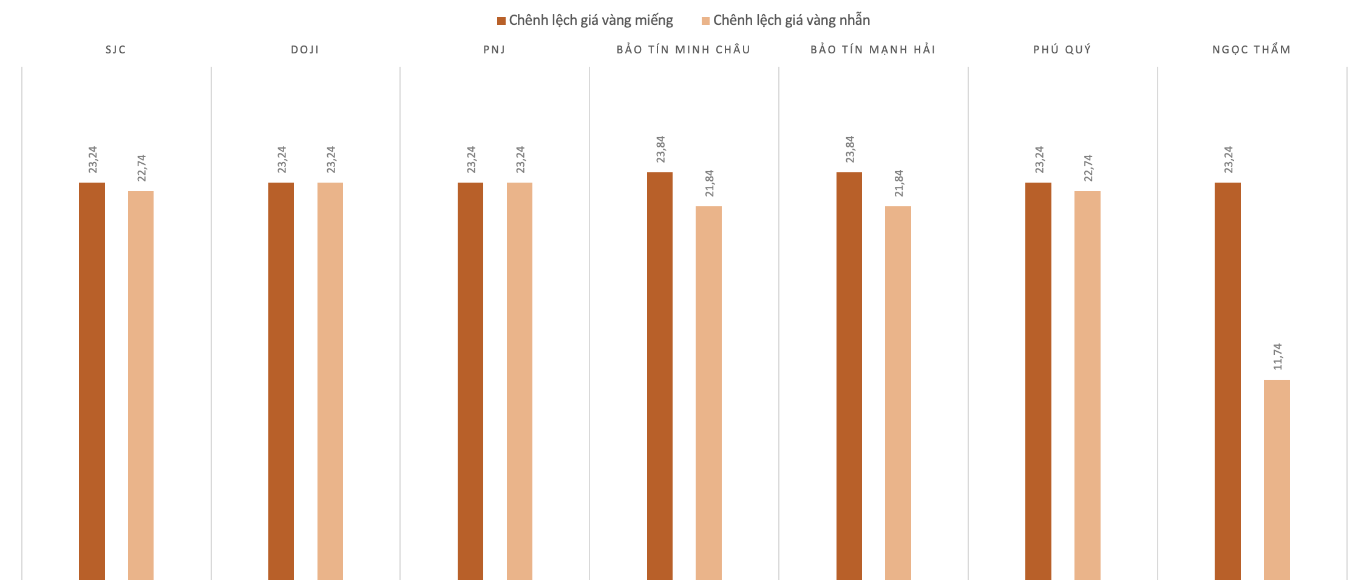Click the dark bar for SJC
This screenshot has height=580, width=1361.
[x=92, y=381]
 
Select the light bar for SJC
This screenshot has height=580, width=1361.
[x=141, y=385]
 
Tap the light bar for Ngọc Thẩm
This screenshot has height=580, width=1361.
[x=1277, y=479]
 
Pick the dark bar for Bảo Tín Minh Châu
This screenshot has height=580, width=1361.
[x=660, y=376]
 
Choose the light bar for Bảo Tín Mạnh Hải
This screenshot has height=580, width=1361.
[x=898, y=393]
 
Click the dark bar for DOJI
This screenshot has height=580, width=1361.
[x=281, y=381]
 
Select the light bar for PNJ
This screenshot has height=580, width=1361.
[x=520, y=381]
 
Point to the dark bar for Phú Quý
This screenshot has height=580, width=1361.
[x=1038, y=381]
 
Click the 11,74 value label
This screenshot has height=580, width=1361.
[x=1278, y=357]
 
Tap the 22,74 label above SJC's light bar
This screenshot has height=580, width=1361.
[x=141, y=168]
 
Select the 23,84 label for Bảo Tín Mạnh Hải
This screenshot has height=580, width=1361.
[x=850, y=149]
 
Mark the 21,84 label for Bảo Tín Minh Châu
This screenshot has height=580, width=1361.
[x=710, y=183]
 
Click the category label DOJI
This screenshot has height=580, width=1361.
[x=305, y=50]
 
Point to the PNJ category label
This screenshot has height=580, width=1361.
[x=494, y=50]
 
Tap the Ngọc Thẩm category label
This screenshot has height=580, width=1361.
[x=1251, y=50]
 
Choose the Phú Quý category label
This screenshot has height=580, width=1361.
[x=1062, y=50]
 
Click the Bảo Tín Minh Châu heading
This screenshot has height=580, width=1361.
[x=684, y=50]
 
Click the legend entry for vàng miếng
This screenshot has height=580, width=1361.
[x=585, y=21]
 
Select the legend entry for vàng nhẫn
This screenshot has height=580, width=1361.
[x=786, y=21]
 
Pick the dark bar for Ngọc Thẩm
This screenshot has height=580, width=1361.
[x=1227, y=381]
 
